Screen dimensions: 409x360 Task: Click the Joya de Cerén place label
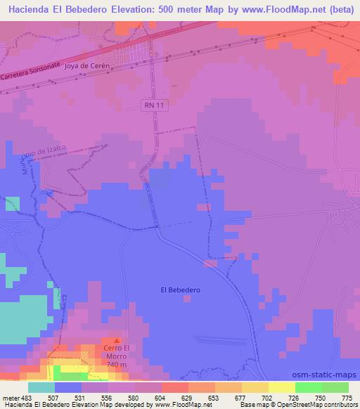[88, 65]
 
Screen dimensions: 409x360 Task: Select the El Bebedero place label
[181, 290]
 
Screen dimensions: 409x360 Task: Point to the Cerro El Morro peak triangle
[117, 341]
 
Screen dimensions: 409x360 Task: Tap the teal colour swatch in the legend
[41, 387]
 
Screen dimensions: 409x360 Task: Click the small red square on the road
[210, 264]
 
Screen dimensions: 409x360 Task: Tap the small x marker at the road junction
[157, 226]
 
